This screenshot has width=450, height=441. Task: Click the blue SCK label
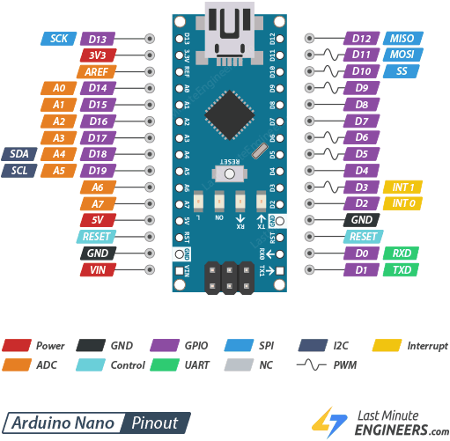[x=58, y=39]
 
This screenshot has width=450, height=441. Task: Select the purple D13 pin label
[x=97, y=39]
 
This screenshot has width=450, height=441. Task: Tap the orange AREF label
[x=97, y=70]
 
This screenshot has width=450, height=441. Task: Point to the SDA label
[x=19, y=154]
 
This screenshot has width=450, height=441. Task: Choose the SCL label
[x=19, y=171]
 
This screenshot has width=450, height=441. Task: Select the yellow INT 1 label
[x=403, y=187]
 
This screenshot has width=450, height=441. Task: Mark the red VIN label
[x=97, y=270]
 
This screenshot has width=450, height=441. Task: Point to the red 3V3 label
[x=97, y=55]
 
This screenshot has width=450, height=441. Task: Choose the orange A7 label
[x=97, y=204]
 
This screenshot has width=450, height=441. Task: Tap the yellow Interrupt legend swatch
[x=387, y=346]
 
